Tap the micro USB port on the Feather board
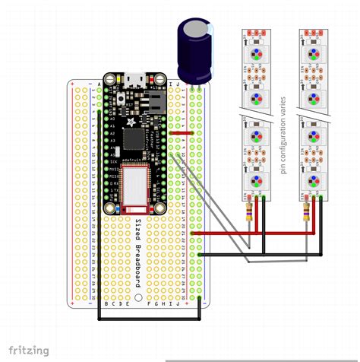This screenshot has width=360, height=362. [133, 78]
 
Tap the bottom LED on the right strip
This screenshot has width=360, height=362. [313, 180]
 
